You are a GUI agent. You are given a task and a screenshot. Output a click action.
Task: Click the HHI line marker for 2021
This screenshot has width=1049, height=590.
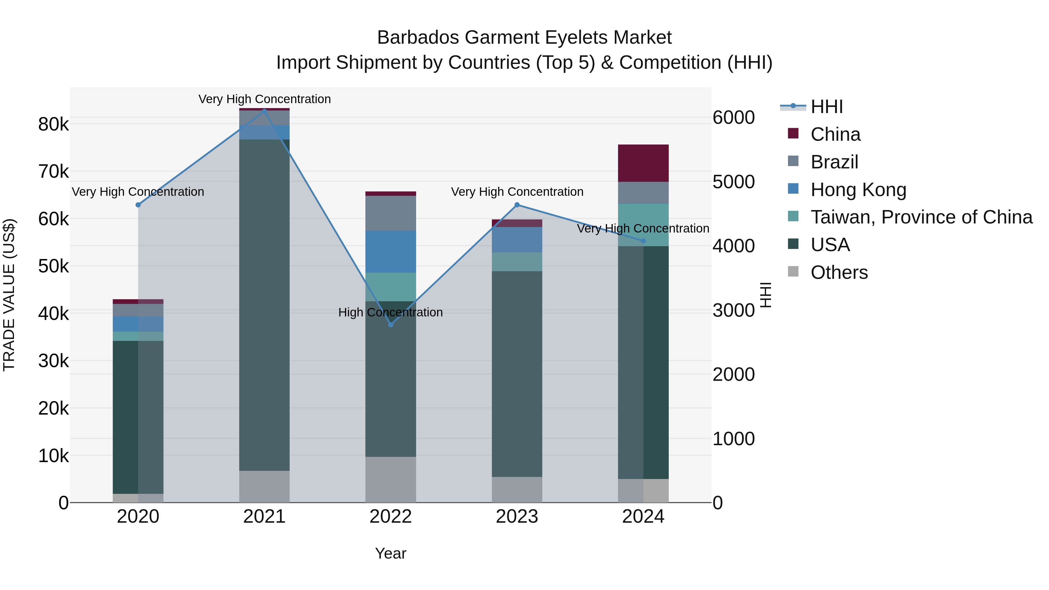[264, 111]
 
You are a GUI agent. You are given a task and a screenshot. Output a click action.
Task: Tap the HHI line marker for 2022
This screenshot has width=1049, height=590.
[390, 325]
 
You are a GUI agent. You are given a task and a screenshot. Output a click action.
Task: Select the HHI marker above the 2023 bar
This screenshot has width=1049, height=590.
[517, 205]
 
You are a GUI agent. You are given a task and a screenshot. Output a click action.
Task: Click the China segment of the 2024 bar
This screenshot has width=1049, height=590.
[643, 163]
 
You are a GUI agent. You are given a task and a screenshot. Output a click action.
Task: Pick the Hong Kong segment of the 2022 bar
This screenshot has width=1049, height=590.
[390, 252]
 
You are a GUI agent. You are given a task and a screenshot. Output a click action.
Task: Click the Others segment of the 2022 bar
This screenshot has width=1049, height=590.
[390, 479]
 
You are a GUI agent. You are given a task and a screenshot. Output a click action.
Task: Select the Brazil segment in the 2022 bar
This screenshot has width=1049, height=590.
[390, 213]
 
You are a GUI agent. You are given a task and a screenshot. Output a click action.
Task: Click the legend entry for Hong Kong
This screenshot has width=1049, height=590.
[858, 190]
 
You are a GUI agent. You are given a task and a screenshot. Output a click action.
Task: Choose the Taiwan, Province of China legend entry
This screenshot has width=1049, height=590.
[921, 217]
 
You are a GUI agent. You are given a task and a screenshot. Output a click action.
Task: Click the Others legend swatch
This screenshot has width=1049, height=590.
[793, 272]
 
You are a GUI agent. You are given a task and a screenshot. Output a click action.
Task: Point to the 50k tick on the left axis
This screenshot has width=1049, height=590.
[54, 267]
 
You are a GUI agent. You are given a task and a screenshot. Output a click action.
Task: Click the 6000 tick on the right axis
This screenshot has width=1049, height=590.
[733, 118]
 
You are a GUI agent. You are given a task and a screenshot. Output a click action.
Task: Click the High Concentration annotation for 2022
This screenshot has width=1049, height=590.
[390, 312]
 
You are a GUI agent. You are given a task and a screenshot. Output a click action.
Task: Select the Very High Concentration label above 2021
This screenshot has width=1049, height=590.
[264, 99]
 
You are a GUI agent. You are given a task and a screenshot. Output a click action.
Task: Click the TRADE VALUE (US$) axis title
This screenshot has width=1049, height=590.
[9, 295]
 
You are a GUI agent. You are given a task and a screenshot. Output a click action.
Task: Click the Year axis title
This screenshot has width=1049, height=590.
[390, 553]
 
